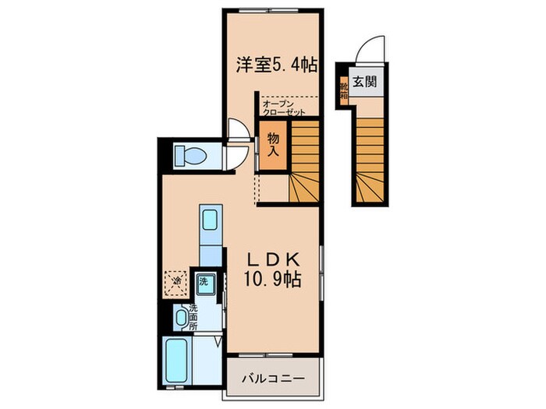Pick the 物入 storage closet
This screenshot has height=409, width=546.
coord(272,146)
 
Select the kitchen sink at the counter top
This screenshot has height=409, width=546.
coord(209,221)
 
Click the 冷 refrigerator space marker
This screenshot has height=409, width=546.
coord(177,281)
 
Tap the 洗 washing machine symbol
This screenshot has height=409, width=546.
coord(204,281)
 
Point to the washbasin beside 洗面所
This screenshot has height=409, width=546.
coord(183,316)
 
